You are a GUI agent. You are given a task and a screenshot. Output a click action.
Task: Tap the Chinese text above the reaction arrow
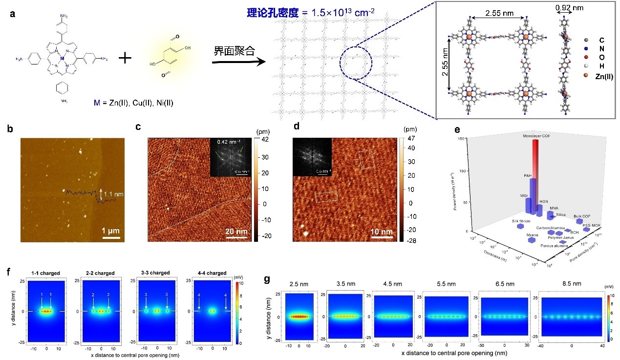click(x=234, y=51)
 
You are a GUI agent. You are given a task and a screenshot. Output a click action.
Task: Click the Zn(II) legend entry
click(x=601, y=76)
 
